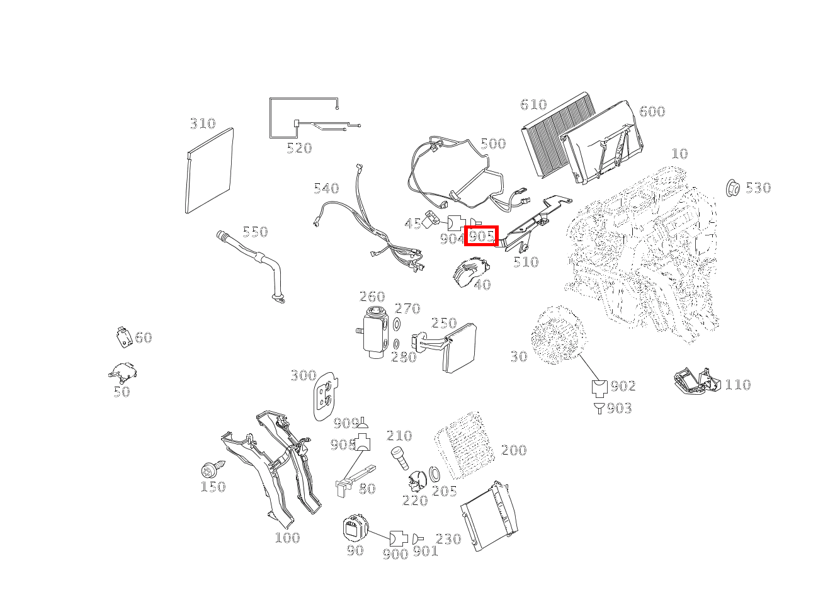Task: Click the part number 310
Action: (x=203, y=123)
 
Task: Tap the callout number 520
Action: (x=299, y=149)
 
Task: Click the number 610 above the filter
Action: (x=533, y=105)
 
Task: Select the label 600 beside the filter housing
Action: (x=652, y=111)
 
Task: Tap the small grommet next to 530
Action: (x=732, y=188)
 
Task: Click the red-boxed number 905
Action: (x=482, y=236)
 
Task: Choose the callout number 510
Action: (x=525, y=262)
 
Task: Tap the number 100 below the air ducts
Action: (x=287, y=538)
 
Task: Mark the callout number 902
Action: (x=623, y=386)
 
